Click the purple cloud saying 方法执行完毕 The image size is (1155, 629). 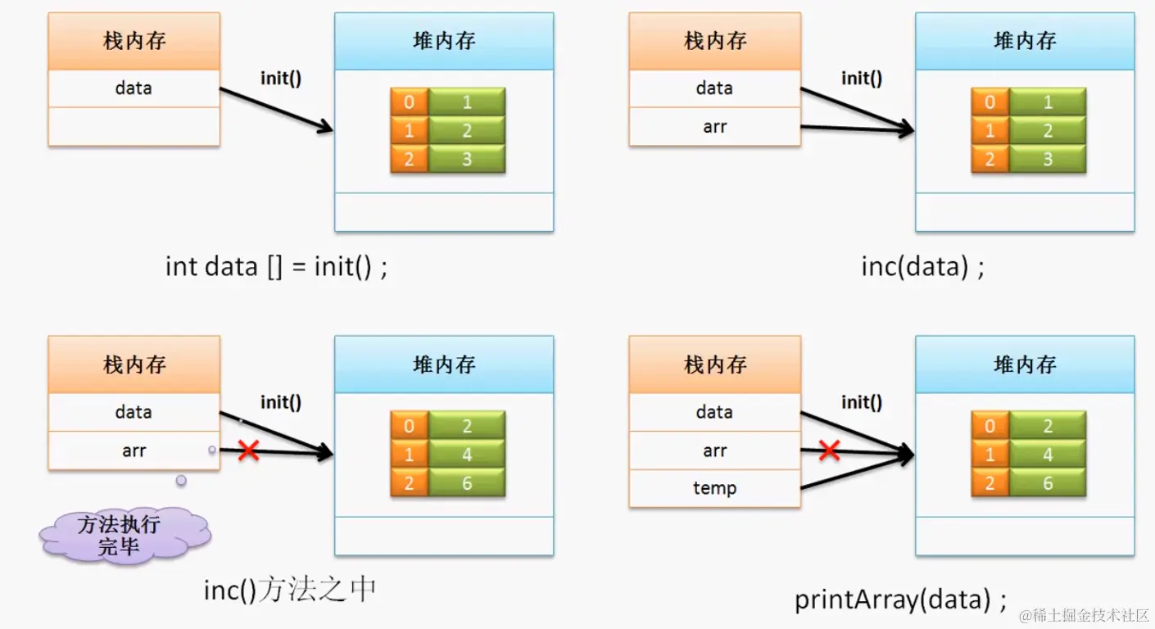(x=125, y=535)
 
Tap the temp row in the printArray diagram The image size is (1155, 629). (x=714, y=488)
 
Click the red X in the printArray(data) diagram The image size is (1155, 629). (x=830, y=450)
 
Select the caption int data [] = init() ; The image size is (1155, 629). (x=276, y=266)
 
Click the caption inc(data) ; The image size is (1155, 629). (x=922, y=266)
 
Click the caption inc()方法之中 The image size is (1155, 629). (x=291, y=590)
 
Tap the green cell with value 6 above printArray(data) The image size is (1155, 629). (x=1047, y=483)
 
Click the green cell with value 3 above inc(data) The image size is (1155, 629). (x=1047, y=159)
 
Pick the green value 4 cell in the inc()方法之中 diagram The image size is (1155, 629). (x=466, y=455)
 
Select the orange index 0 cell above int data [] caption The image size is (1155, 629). (x=409, y=102)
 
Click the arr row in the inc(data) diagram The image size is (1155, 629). (x=714, y=127)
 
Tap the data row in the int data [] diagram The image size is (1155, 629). (x=134, y=88)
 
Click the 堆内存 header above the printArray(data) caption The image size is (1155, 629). (x=1025, y=364)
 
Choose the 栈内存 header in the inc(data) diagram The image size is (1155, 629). (x=714, y=41)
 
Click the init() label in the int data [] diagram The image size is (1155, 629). (x=281, y=79)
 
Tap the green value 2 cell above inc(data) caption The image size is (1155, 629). (x=1047, y=131)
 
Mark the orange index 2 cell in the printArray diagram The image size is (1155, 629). (x=990, y=483)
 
